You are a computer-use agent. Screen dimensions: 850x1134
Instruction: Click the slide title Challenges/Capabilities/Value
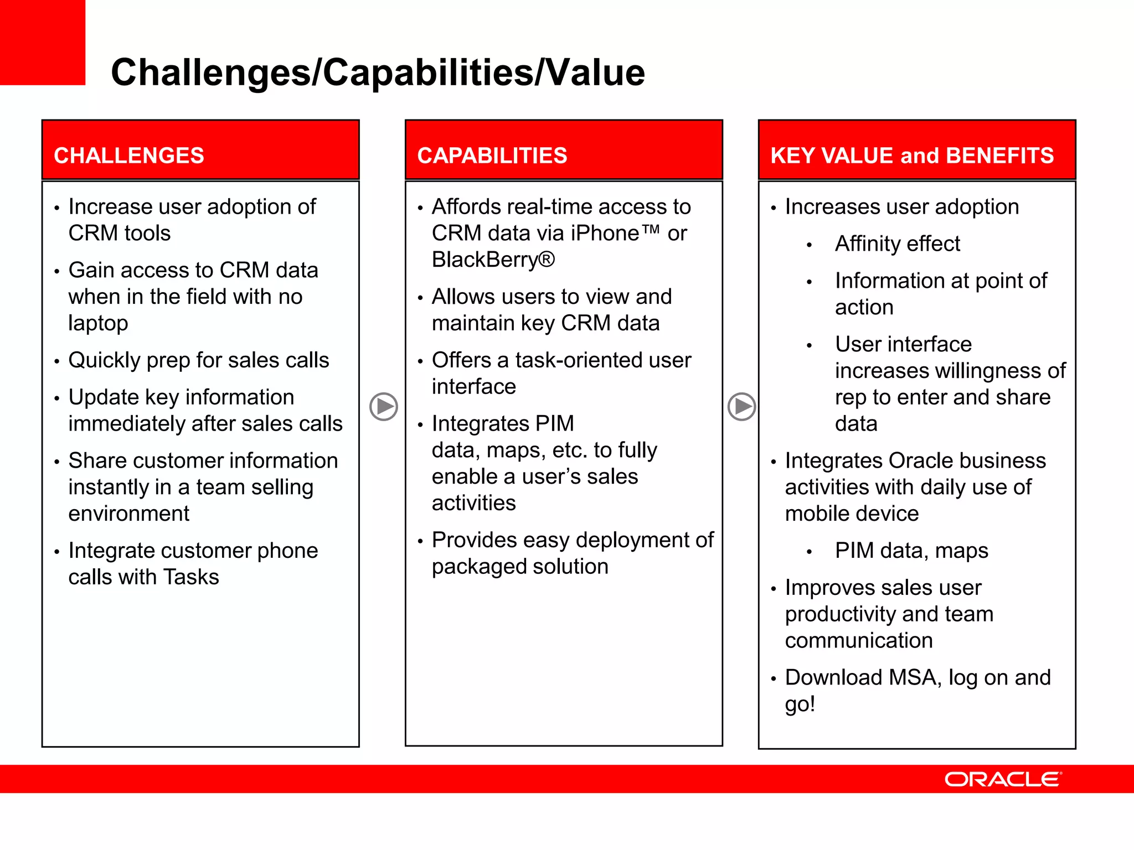pos(378,72)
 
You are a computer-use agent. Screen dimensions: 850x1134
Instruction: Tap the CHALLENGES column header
pos(129,156)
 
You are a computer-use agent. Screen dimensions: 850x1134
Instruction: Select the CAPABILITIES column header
pos(492,156)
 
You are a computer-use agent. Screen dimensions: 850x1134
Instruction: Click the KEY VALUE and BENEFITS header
pos(911,156)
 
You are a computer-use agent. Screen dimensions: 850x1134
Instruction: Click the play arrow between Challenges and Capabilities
pos(384,407)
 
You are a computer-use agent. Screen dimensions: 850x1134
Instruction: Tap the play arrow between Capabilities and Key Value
pos(741,407)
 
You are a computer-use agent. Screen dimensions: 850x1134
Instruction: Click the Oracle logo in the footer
pos(1003,779)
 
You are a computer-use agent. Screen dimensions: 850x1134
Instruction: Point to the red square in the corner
pos(42,42)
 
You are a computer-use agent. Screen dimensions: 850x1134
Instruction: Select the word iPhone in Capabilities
pos(605,233)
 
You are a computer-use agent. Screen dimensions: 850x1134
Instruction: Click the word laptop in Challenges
pos(98,323)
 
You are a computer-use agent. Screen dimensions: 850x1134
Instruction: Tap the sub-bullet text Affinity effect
pos(897,243)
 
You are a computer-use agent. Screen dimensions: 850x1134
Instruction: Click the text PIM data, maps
pos(911,551)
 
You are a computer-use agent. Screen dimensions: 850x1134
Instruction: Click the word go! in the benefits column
pos(800,704)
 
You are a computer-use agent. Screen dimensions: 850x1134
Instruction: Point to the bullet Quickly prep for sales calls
pos(198,360)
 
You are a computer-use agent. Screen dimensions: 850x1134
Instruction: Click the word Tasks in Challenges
pos(191,577)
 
